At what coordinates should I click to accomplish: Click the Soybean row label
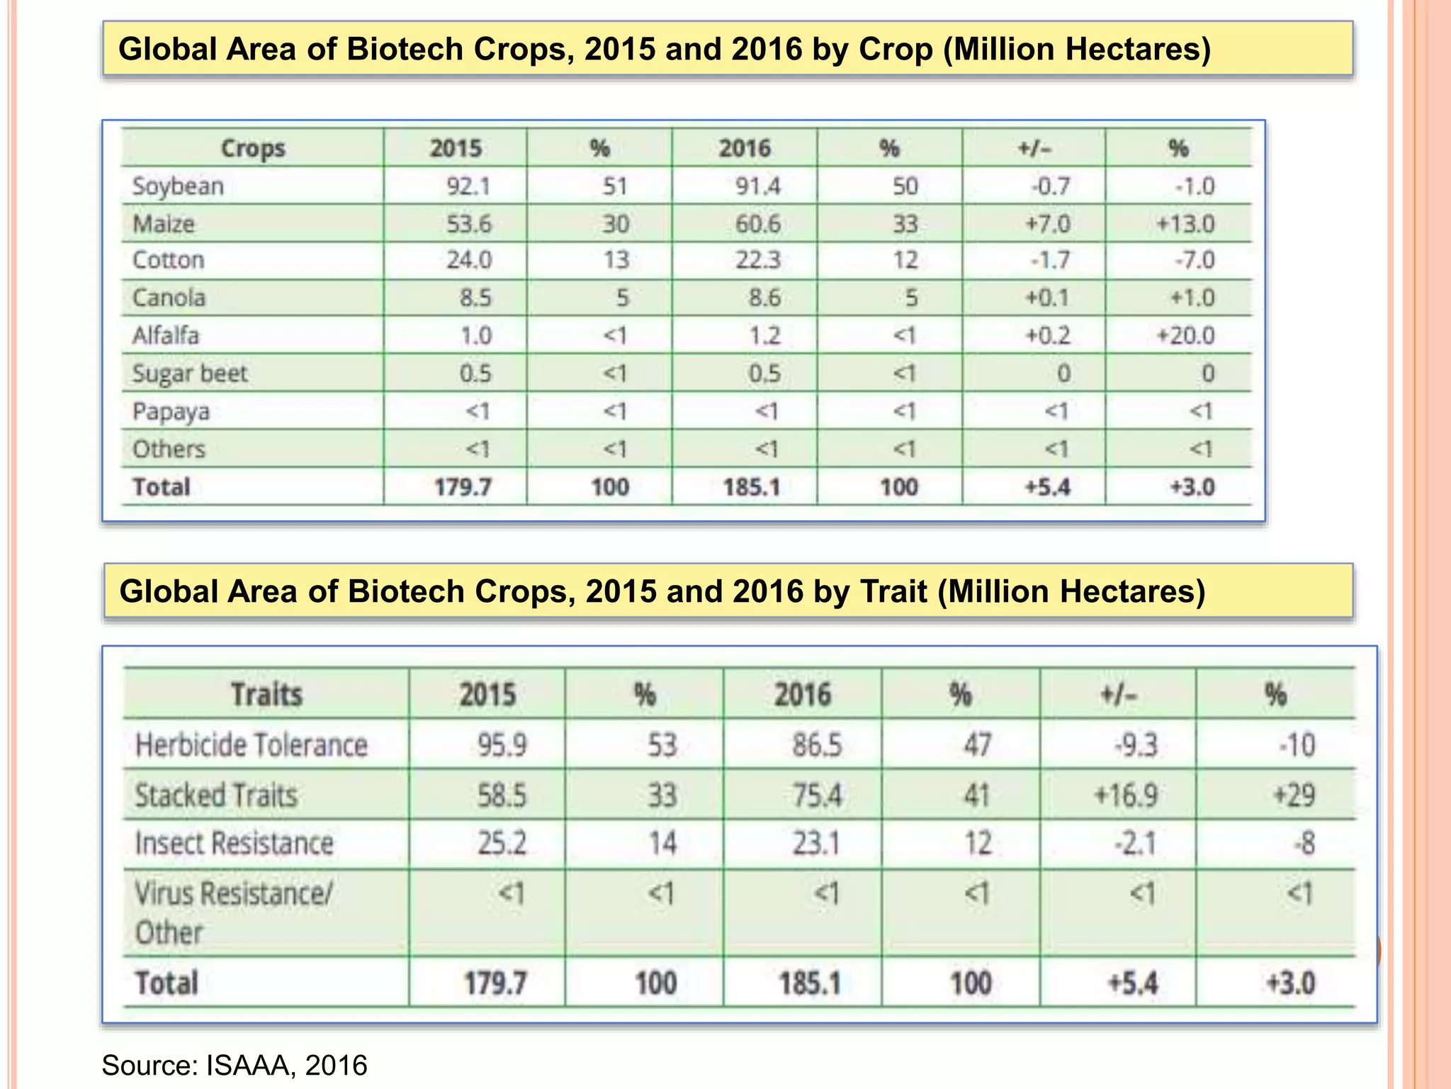(x=178, y=186)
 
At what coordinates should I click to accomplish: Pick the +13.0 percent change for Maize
(x=1185, y=224)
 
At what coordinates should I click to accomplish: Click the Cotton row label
(x=169, y=260)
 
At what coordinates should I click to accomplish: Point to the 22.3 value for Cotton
(x=757, y=260)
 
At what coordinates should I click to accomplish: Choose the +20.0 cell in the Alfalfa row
(x=1185, y=335)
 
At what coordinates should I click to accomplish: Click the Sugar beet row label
(x=190, y=374)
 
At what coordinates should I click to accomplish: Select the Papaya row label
(x=171, y=412)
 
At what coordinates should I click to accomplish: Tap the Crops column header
(x=253, y=148)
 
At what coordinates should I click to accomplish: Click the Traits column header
(x=266, y=694)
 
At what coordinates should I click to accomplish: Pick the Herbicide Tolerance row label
(x=252, y=745)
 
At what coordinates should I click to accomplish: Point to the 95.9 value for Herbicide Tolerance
(x=502, y=745)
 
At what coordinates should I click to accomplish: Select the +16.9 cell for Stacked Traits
(x=1126, y=795)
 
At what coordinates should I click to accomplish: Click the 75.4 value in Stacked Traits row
(x=817, y=795)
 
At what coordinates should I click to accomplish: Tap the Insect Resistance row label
(x=234, y=844)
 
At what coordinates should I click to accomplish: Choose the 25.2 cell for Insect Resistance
(x=502, y=844)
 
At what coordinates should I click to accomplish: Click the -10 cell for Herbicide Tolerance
(x=1297, y=745)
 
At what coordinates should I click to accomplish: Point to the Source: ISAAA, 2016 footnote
(x=235, y=1066)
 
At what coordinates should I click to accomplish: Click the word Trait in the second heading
(x=894, y=591)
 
